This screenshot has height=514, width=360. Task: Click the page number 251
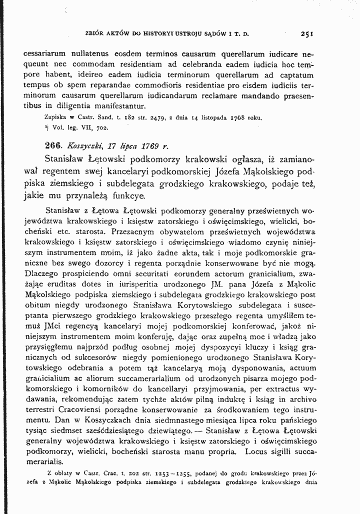307,35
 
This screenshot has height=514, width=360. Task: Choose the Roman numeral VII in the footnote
71,128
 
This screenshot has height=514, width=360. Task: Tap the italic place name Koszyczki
86,146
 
